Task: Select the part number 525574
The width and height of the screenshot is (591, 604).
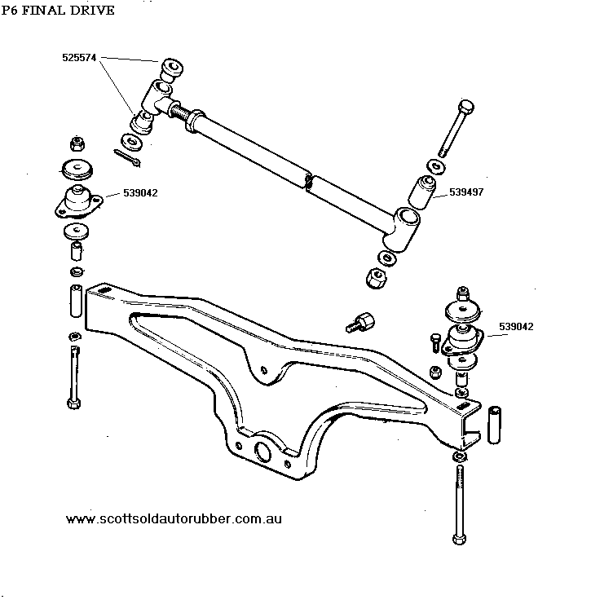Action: tap(80, 59)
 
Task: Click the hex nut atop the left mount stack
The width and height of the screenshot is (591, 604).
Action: tap(78, 144)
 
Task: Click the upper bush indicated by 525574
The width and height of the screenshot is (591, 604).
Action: tap(170, 66)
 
